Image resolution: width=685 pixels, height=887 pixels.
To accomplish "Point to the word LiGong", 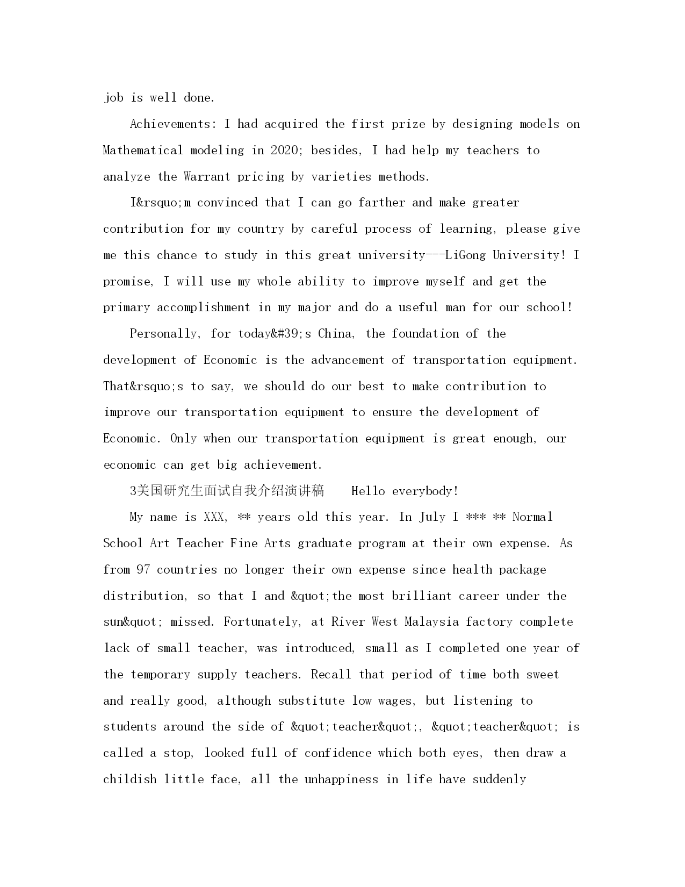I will [465, 255].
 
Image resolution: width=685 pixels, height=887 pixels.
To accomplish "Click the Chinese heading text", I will [227, 491].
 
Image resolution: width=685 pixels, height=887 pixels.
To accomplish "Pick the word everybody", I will [425, 491].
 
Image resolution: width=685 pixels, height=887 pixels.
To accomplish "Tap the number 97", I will [143, 570].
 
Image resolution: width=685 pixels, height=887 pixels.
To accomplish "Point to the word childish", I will [130, 779].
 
